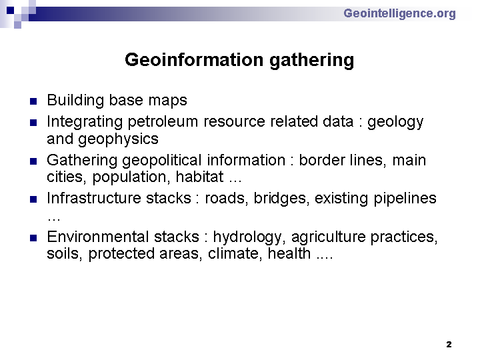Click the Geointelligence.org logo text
point(399,14)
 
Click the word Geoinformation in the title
point(194,60)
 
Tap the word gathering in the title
point(311,61)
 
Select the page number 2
point(449,345)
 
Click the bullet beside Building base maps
point(33,101)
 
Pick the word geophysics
point(118,139)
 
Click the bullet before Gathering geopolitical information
point(33,161)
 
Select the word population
point(131,178)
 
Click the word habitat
point(199,177)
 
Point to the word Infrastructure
point(94,198)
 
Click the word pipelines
point(405,199)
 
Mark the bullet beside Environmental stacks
point(33,238)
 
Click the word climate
point(235,254)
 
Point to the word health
point(289,253)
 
